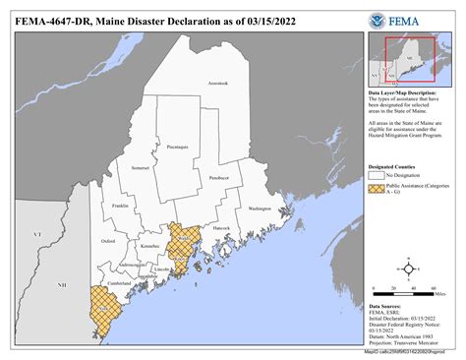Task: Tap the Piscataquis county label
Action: tap(177, 146)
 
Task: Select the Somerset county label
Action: tap(140, 168)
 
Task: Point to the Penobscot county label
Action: tap(219, 178)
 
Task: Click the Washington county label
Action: tap(260, 209)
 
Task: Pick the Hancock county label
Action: tap(222, 228)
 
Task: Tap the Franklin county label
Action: tap(121, 206)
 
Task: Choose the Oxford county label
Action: tap(107, 240)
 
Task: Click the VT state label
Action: tap(37, 235)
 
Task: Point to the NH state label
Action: tap(60, 284)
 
